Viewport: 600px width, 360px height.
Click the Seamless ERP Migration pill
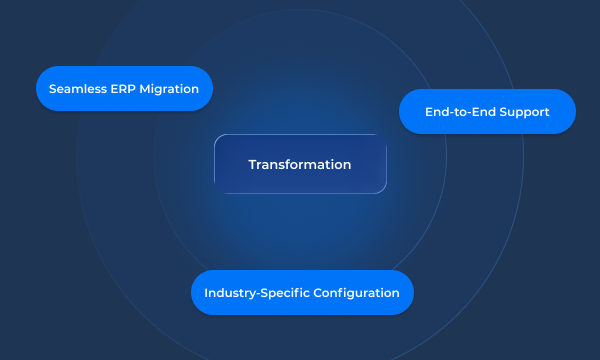pyautogui.click(x=124, y=88)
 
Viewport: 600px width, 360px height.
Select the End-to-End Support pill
pyautogui.click(x=487, y=111)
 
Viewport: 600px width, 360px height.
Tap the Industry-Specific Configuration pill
pyautogui.click(x=302, y=292)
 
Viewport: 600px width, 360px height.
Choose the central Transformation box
pyautogui.click(x=300, y=164)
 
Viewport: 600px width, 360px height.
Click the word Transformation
pyautogui.click(x=300, y=164)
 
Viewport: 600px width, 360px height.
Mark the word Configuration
pyautogui.click(x=356, y=293)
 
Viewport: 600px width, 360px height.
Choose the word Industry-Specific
pyautogui.click(x=255, y=293)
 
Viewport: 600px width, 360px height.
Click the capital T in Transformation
pyautogui.click(x=252, y=164)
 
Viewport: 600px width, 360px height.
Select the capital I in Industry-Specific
pyautogui.click(x=206, y=292)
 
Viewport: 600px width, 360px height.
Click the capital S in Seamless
pyautogui.click(x=52, y=88)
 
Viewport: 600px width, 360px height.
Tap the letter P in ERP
pyautogui.click(x=135, y=88)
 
